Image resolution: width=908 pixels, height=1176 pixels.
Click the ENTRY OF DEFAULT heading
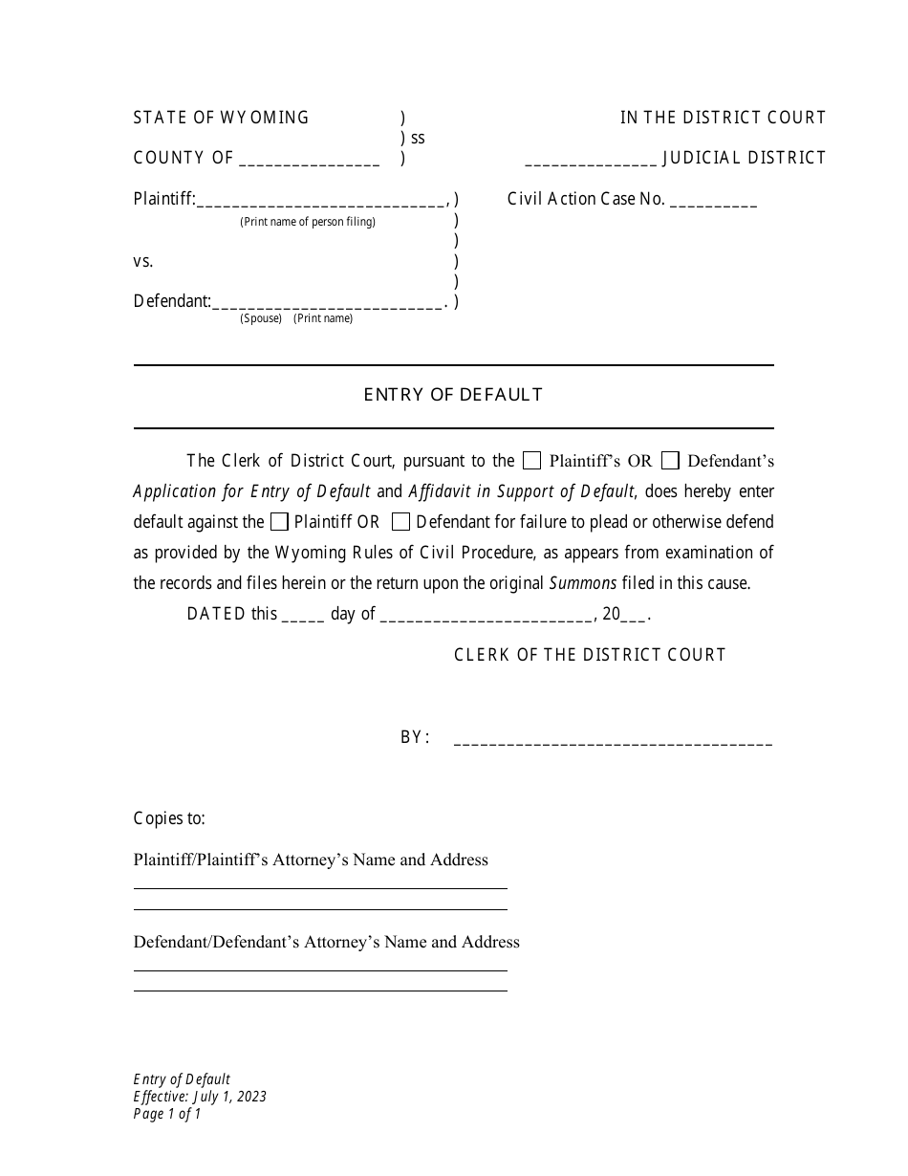click(x=453, y=395)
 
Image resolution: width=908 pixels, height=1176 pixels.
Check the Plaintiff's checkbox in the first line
click(x=532, y=461)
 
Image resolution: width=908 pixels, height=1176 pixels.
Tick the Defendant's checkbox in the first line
click(x=671, y=461)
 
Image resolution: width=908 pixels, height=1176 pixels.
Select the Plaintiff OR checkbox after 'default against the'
click(x=279, y=522)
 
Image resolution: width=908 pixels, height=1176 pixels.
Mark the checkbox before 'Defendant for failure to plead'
click(x=401, y=522)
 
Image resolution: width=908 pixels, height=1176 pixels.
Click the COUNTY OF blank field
click(x=309, y=160)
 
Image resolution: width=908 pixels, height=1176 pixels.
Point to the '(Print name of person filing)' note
click(x=308, y=222)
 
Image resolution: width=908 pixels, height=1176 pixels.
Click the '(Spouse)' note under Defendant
click(x=261, y=318)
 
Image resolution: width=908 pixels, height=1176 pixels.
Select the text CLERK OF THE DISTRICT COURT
click(x=590, y=655)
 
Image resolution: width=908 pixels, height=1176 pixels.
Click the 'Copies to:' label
click(x=169, y=818)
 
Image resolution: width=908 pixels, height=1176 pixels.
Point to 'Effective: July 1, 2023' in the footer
click(x=200, y=1097)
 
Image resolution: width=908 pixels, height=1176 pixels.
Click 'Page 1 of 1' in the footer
click(x=167, y=1114)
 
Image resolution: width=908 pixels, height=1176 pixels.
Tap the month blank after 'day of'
click(x=486, y=616)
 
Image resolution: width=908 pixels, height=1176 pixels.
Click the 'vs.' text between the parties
click(x=143, y=261)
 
